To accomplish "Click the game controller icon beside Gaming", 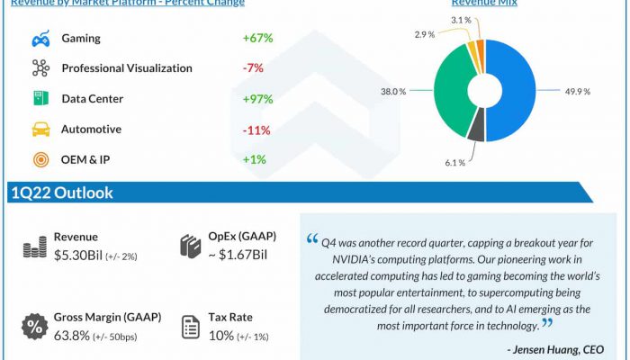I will [40, 39].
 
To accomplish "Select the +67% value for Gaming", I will [257, 39].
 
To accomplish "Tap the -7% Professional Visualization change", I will [254, 68].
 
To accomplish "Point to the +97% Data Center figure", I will [257, 99].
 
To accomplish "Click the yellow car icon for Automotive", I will [40, 130].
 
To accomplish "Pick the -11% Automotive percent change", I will [256, 130].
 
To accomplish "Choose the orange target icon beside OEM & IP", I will [40, 160].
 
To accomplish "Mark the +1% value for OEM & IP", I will [255, 160].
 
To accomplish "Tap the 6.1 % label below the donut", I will [454, 163].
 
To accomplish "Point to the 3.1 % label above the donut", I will [461, 20].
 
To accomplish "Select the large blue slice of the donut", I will [513, 90].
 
